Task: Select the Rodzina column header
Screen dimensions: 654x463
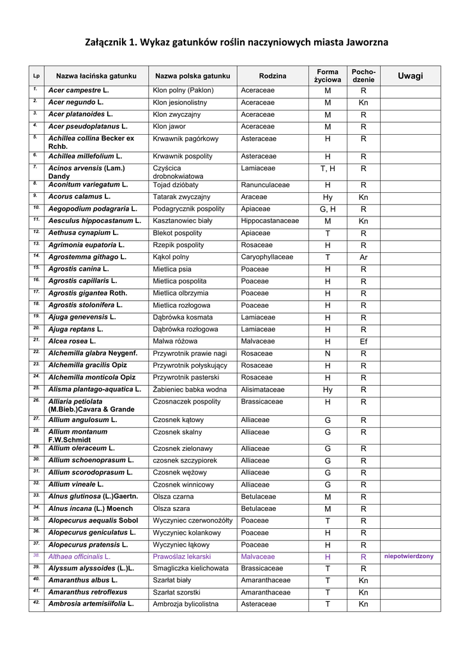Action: (273, 76)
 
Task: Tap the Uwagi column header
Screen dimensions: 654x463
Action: (410, 76)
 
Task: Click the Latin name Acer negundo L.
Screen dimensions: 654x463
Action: (76, 102)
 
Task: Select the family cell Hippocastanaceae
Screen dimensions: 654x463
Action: (269, 221)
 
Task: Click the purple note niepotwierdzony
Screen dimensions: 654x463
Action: (409, 556)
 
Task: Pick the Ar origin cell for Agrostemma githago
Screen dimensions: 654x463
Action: (363, 257)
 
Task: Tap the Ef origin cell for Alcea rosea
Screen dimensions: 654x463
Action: (363, 342)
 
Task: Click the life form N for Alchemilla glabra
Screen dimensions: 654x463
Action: (328, 354)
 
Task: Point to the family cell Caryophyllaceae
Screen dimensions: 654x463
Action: (267, 257)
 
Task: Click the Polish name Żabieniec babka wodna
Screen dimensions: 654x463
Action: (190, 390)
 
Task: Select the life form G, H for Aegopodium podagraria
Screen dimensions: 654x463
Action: (328, 209)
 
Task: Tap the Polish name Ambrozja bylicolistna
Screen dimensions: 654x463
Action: (185, 604)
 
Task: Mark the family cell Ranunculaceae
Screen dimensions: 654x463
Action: (265, 185)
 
